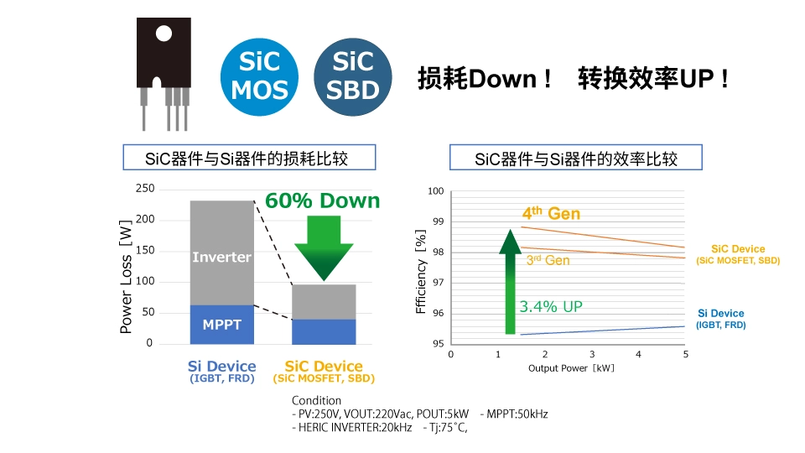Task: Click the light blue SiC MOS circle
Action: (x=259, y=75)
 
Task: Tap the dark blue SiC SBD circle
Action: (x=353, y=75)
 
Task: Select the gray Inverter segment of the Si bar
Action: (x=221, y=252)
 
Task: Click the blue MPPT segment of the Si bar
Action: (x=221, y=324)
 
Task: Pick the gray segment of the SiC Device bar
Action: (x=324, y=301)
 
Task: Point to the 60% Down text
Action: (x=322, y=201)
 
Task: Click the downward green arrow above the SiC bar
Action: (x=324, y=248)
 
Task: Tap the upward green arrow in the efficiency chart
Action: (x=510, y=281)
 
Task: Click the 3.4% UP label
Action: (x=551, y=307)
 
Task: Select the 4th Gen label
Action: (x=551, y=214)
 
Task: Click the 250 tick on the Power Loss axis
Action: (x=144, y=189)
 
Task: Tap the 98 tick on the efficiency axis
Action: (x=436, y=252)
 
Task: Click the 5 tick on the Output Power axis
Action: (x=685, y=354)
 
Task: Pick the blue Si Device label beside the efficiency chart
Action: (x=721, y=314)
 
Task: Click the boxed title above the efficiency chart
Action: (x=575, y=158)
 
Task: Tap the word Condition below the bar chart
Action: (x=316, y=400)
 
